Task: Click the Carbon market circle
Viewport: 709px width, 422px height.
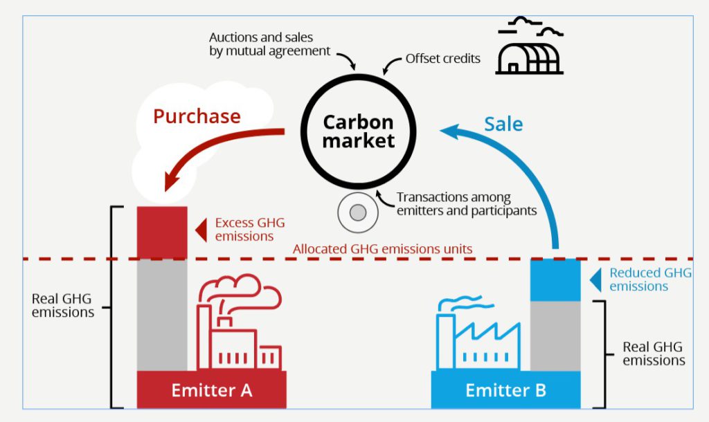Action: (358, 131)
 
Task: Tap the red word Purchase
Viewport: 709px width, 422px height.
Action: (197, 116)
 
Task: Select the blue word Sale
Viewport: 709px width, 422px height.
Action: (503, 124)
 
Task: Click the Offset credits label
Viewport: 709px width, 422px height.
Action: (443, 58)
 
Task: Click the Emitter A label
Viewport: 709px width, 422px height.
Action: (211, 390)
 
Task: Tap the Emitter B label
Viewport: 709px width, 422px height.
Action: (505, 390)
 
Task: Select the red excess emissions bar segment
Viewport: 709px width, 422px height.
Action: (162, 232)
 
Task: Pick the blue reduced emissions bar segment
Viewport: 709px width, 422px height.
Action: (555, 279)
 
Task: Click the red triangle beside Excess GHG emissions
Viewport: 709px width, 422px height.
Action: (201, 230)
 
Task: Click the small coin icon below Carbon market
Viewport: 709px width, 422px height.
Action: (358, 213)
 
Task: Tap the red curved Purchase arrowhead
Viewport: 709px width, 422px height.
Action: (170, 181)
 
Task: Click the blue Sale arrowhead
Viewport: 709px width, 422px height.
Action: (449, 129)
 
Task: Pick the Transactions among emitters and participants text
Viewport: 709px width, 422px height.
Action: (467, 204)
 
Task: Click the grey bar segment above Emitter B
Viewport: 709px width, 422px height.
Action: (555, 336)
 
